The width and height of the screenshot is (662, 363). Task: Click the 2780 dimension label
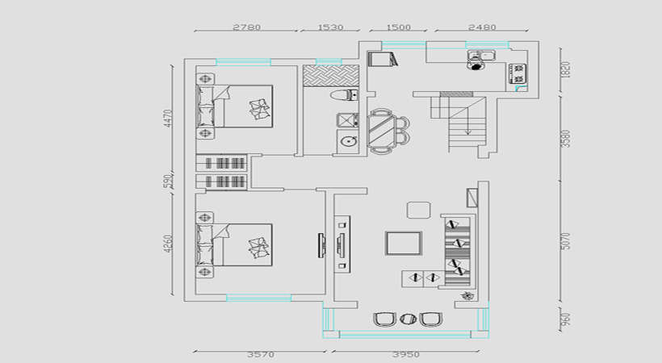246,27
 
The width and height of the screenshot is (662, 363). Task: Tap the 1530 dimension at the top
330,27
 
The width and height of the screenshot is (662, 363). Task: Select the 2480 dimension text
482,27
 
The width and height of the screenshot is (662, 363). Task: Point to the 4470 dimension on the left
168,119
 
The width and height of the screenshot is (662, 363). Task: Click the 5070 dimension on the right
566,240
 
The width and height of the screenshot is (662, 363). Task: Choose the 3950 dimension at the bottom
406,355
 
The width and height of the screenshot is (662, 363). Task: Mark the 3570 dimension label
261,355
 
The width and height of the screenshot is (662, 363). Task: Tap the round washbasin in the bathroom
348,141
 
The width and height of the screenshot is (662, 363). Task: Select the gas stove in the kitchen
518,73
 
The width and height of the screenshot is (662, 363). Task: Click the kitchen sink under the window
481,56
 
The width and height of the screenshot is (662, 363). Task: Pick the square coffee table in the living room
403,243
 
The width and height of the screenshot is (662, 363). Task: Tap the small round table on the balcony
408,319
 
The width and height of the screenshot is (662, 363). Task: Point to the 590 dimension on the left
168,181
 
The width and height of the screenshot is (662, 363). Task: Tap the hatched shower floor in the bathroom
330,76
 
